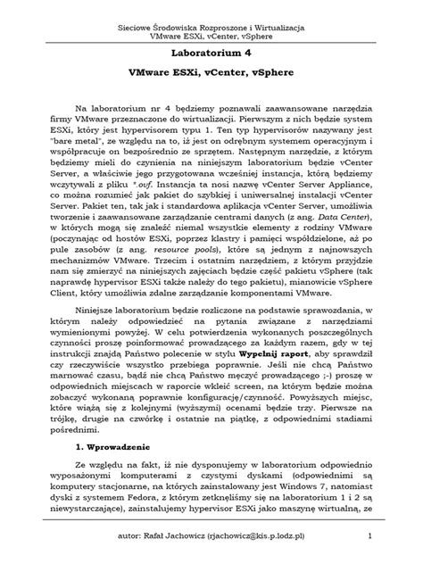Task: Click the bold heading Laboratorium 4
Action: pyautogui.click(x=211, y=52)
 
